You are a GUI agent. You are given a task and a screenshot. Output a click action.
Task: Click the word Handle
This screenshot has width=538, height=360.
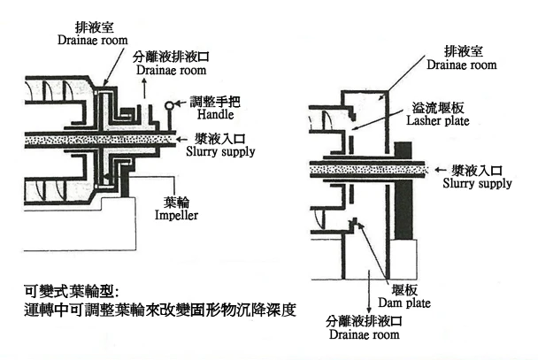pos(216,114)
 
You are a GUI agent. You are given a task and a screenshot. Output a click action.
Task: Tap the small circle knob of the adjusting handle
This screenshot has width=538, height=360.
pos(169,105)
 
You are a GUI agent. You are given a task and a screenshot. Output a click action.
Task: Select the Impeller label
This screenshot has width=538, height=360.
pos(176,215)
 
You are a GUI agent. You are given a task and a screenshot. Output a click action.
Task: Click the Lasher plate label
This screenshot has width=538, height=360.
pos(438,120)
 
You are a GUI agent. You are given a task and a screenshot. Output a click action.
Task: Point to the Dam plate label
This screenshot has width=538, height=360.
pos(404,303)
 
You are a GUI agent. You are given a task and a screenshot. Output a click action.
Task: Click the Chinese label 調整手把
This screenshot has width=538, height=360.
pos(215,102)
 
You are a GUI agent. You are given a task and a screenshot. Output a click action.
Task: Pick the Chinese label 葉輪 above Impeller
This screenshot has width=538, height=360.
pos(176,203)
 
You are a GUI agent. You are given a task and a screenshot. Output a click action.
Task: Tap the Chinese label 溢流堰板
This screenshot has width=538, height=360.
pos(438,108)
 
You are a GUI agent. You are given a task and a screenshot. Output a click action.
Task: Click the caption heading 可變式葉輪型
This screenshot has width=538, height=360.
pos(72,292)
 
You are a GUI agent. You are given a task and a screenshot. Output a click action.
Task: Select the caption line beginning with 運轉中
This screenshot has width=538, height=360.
pos(160,310)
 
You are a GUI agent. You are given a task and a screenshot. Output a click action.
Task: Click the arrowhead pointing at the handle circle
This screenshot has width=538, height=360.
pos(178,103)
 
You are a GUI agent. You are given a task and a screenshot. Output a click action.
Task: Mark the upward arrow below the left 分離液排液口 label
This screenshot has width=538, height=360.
pos(144,88)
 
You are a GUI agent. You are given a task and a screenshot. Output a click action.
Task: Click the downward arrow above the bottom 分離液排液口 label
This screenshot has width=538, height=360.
pos(369,291)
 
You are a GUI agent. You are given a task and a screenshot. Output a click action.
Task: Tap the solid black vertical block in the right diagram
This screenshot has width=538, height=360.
pos(403,191)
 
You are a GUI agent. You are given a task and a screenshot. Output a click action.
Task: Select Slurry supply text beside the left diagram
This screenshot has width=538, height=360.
pos(220,151)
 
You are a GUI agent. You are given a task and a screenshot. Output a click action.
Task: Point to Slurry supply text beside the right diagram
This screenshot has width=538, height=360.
pos(477,183)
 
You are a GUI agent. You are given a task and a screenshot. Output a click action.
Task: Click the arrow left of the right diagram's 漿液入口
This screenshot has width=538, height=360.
pos(441,170)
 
